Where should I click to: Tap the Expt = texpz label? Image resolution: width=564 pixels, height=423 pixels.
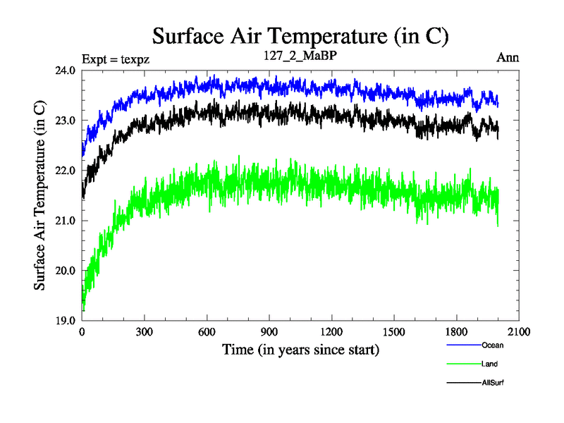(115, 59)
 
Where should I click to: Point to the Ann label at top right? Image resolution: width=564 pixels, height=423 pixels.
(508, 59)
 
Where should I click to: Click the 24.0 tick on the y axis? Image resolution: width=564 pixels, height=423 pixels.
(66, 70)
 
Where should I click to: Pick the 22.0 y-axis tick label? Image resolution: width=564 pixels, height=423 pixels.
(66, 171)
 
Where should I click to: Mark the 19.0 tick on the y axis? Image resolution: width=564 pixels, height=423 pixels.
(66, 321)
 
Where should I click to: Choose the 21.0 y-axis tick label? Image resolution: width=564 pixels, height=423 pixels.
(66, 221)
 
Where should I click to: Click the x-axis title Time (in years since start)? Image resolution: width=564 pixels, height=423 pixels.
(301, 349)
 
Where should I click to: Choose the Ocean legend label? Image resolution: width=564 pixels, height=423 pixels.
(493, 345)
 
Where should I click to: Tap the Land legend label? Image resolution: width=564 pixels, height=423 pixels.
(490, 364)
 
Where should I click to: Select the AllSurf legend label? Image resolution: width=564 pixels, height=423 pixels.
(493, 382)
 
